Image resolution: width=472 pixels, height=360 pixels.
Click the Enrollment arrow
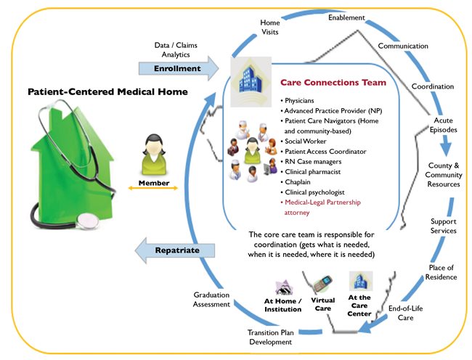pos(176,68)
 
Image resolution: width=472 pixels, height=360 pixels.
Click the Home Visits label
pos(270,27)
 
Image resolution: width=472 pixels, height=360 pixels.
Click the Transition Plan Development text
pos(269,337)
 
